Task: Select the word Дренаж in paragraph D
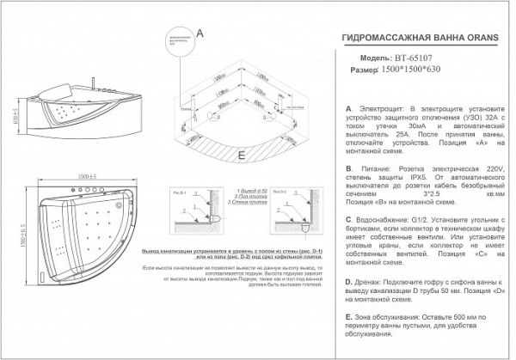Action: (x=373, y=282)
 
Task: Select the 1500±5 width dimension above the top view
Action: (x=84, y=176)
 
